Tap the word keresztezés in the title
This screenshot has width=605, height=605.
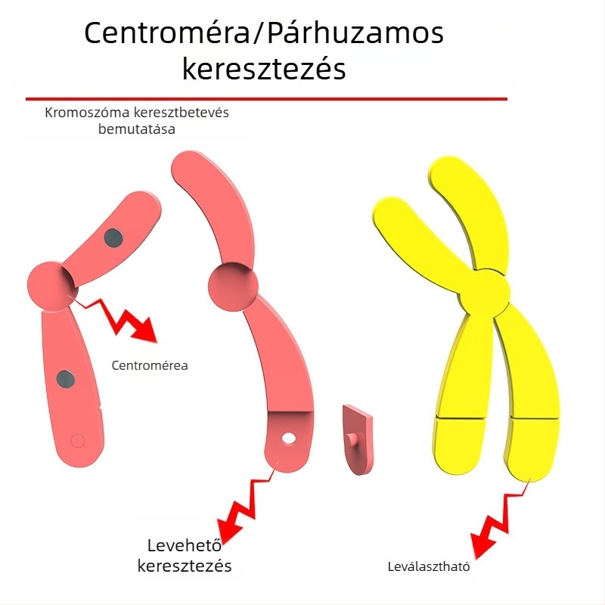point(264,70)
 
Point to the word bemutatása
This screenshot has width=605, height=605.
point(137,129)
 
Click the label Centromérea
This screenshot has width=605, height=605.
point(150,365)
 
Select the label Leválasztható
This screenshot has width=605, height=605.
point(429,566)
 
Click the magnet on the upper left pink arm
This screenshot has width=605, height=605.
point(114,238)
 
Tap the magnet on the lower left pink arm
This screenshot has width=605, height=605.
point(65,376)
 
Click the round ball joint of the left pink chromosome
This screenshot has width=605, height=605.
point(51,284)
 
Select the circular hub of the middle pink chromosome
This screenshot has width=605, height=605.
point(232,284)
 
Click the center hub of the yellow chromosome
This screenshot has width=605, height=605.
point(488,290)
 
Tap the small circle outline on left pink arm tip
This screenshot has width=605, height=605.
point(76,439)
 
